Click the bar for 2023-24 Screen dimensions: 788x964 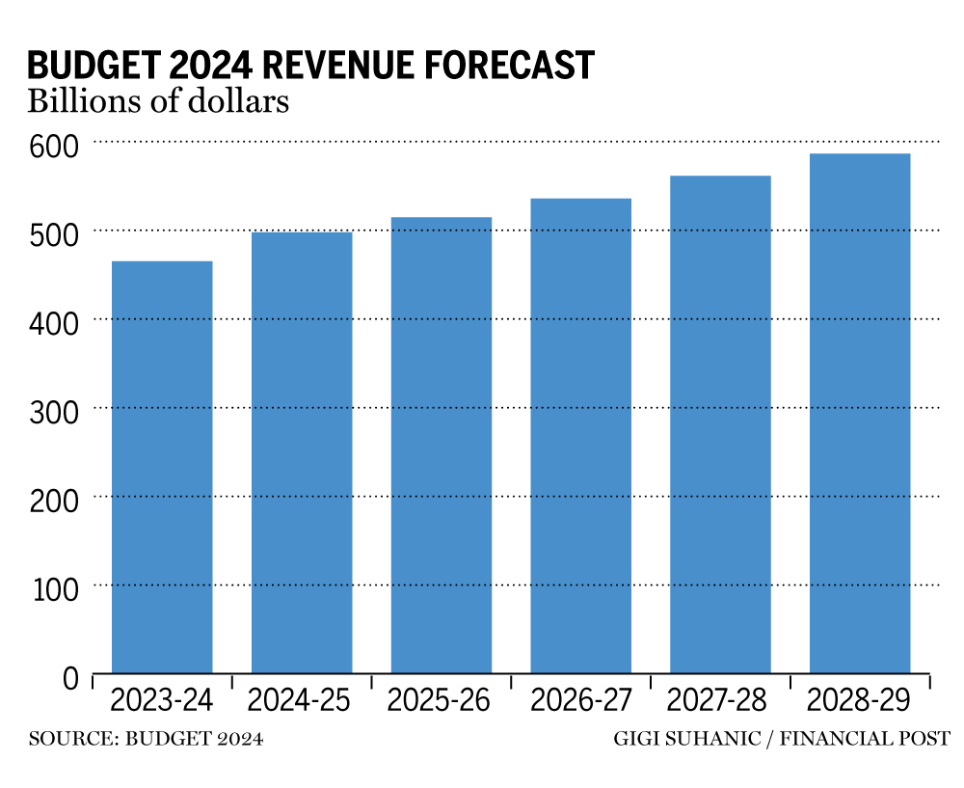[162, 468]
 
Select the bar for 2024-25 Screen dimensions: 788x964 [302, 453]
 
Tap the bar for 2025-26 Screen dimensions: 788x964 [442, 446]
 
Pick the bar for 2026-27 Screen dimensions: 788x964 [581, 436]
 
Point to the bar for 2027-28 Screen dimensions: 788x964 [720, 424]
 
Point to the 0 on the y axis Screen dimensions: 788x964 [69, 679]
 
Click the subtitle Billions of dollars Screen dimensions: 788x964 [158, 101]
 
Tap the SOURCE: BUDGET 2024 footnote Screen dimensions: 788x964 [146, 740]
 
